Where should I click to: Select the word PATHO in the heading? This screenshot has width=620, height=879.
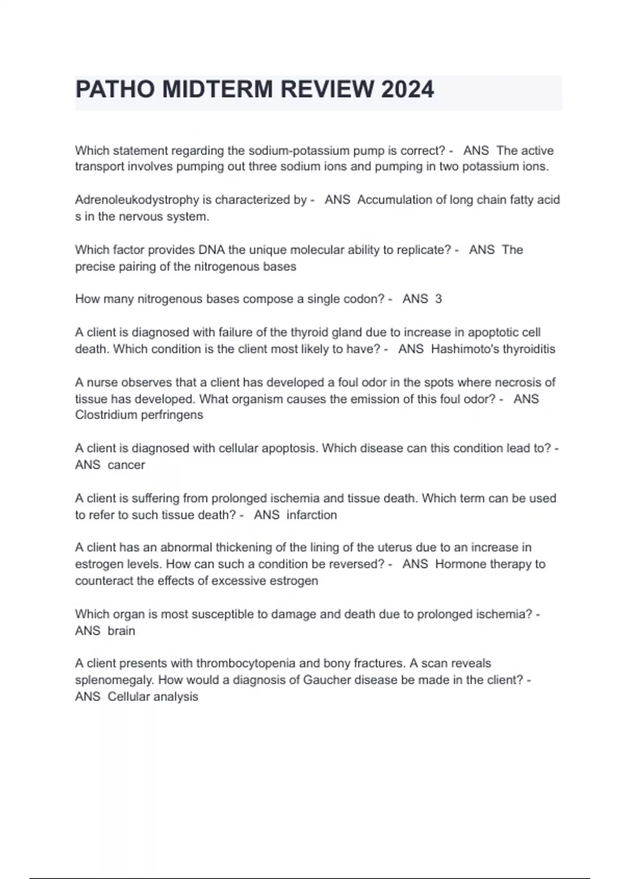115,89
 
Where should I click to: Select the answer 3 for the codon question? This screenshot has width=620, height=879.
439,299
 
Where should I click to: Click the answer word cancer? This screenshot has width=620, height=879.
127,465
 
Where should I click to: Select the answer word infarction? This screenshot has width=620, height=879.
312,515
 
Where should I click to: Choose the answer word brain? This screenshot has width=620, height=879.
121,631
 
